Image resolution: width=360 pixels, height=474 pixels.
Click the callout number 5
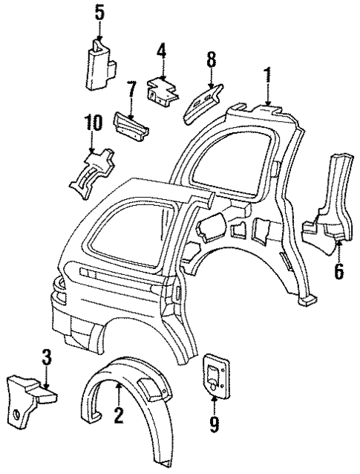[x=99, y=12]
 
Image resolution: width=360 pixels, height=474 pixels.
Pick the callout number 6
[x=338, y=271]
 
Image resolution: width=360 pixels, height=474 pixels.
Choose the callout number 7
[x=131, y=91]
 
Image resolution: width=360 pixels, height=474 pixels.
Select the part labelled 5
[x=98, y=65]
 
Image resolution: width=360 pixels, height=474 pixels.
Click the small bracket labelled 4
[x=163, y=91]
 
